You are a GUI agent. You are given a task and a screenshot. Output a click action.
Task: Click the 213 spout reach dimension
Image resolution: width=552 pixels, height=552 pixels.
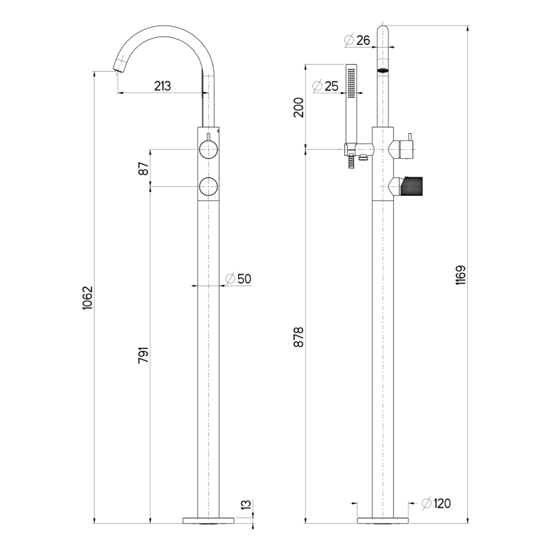point(162,86)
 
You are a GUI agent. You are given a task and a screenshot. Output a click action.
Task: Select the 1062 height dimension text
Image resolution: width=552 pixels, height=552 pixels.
point(87,298)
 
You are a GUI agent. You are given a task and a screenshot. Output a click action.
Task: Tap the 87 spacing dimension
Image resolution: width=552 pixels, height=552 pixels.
point(144,168)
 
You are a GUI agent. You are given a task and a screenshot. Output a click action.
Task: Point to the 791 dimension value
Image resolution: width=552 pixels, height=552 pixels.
point(144,355)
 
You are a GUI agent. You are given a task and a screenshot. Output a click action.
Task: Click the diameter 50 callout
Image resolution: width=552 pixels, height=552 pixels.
point(238,279)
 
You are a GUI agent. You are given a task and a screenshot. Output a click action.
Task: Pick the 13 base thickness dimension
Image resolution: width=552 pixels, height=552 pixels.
point(247,504)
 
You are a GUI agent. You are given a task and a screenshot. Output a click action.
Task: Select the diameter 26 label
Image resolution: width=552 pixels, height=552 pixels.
point(357,40)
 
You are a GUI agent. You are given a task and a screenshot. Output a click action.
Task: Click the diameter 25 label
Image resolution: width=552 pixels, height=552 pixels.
point(325,86)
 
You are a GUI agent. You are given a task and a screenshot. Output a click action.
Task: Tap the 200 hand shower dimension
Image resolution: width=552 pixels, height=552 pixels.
point(299,108)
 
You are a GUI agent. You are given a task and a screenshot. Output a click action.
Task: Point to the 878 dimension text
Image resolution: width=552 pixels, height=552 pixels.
point(299,337)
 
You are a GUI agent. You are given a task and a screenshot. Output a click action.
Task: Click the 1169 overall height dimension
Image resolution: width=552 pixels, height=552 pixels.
point(460,275)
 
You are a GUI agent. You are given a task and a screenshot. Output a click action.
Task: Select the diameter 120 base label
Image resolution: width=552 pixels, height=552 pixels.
point(437,504)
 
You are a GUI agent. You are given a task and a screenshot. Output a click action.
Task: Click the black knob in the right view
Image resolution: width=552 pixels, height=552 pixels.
point(411,186)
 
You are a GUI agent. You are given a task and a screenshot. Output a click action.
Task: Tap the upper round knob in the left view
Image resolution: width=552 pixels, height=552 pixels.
point(208,149)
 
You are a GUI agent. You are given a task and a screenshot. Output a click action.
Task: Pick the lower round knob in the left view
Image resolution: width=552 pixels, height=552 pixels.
point(208,186)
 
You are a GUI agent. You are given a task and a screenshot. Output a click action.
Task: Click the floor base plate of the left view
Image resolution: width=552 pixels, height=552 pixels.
point(209,520)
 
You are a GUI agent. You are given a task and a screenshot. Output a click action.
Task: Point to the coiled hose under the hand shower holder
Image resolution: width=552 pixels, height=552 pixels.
point(351,163)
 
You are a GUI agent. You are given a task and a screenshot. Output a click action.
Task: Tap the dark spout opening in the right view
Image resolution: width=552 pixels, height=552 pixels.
point(383,70)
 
